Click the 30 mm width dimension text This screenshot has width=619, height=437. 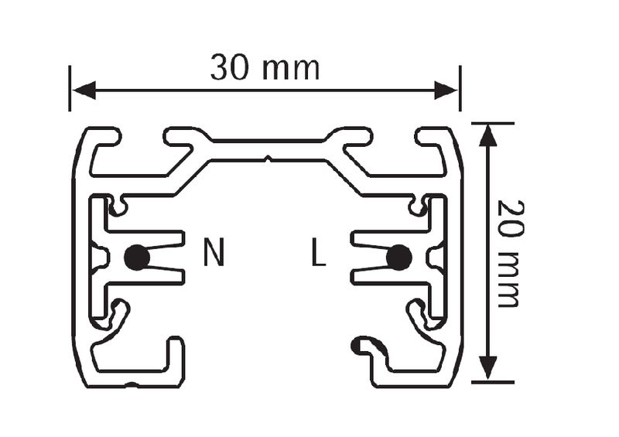coord(265,67)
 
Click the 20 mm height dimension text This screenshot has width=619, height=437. coord(511,254)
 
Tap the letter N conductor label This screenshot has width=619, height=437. coord(214,251)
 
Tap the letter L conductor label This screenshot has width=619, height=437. coord(318,251)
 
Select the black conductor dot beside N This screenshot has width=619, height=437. coord(137,258)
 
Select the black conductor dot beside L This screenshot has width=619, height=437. coord(399,258)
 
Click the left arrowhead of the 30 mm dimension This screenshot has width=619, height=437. coord(84,90)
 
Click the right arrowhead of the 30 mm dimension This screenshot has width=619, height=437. coord(446,90)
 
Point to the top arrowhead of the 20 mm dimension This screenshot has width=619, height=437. coord(488,136)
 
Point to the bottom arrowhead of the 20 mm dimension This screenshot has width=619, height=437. coord(488,368)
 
